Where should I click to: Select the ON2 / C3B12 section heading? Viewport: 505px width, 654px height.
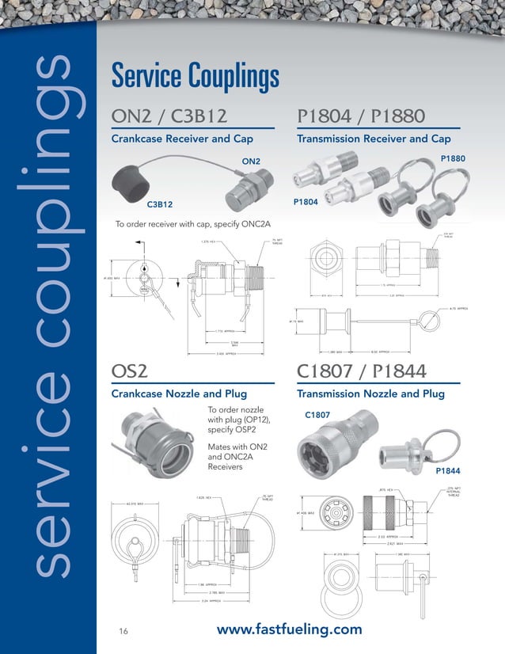169,117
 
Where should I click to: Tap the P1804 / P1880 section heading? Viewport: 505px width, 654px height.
362,117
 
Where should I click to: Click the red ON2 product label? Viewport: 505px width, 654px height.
250,162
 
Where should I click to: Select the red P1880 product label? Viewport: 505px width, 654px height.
453,159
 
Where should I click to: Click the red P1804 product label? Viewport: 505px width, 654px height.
306,203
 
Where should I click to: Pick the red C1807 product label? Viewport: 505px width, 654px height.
317,414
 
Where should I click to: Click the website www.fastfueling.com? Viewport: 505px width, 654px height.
289,629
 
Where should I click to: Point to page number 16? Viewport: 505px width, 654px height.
123,631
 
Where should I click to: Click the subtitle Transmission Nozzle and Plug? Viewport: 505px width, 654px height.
370,394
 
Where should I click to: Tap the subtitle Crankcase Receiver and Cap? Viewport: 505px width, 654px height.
184,139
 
